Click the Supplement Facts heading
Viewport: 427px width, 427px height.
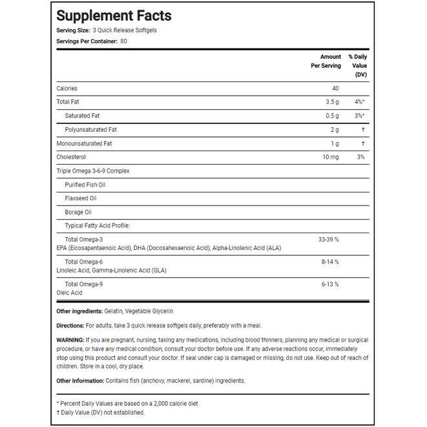tap(114, 16)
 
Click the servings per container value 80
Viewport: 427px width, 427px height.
tap(123, 41)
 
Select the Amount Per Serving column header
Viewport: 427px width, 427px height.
tap(321, 61)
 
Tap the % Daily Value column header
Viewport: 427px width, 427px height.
tap(357, 65)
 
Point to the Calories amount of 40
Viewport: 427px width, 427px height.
tap(335, 89)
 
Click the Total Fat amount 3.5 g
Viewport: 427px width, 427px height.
tap(331, 102)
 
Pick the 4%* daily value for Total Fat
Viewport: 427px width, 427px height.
tap(360, 102)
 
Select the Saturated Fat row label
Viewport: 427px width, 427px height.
tap(82, 116)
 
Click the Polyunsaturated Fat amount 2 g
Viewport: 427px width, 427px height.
tap(334, 130)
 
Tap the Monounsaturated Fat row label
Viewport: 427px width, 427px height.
tap(85, 143)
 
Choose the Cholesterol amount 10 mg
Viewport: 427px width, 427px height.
tap(330, 157)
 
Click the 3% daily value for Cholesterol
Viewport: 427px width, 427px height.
tap(361, 157)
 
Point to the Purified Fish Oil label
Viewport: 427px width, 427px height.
tap(85, 185)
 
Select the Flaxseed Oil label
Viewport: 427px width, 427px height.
tap(80, 198)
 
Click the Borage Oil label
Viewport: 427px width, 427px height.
tap(78, 212)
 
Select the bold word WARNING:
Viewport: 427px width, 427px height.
tap(70, 340)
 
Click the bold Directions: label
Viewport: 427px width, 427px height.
tap(70, 326)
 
